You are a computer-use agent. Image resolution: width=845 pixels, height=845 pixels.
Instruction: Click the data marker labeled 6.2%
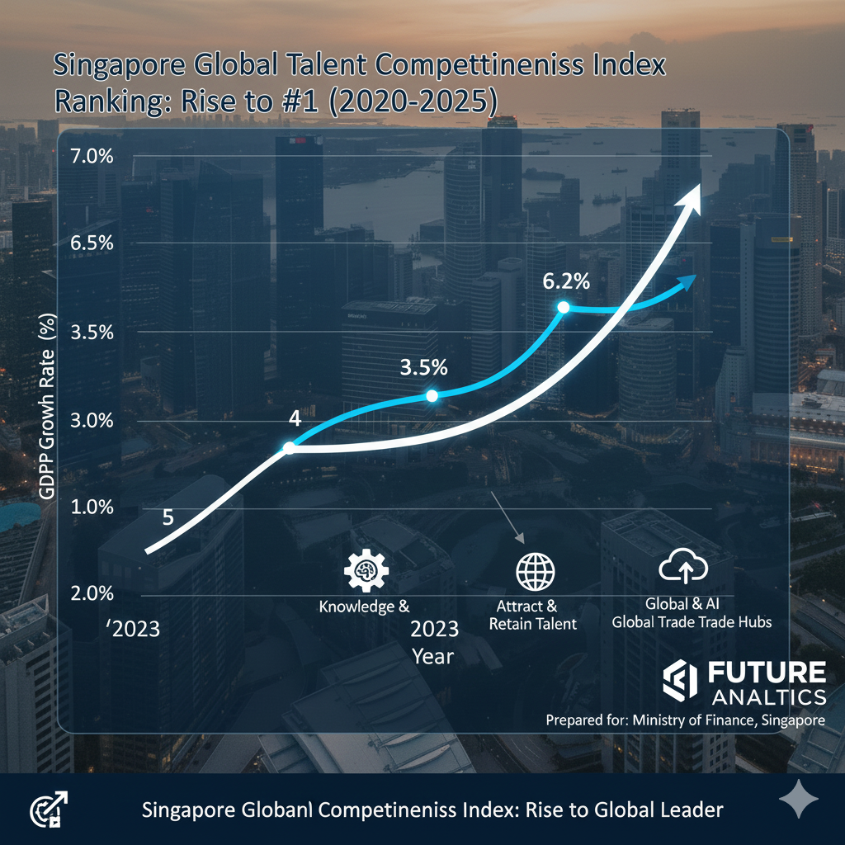pos(564,307)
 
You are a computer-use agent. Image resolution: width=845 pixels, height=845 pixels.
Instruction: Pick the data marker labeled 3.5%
pos(432,396)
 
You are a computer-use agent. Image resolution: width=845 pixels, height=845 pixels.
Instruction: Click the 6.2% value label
pos(566,281)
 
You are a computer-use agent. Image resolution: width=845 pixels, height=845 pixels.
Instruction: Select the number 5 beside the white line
pos(168,518)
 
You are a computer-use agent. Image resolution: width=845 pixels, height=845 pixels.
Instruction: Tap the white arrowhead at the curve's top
pos(690,198)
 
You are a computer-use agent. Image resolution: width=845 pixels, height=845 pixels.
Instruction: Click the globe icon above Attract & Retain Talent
pos(536,571)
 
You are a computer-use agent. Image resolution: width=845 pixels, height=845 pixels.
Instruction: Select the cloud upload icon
pos(684,568)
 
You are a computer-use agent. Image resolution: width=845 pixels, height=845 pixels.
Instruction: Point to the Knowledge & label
pos(364,607)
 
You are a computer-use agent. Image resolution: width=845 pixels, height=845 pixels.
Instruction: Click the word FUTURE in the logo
pos(767,673)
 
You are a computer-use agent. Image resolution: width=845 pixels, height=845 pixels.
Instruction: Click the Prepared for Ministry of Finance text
pos(685,720)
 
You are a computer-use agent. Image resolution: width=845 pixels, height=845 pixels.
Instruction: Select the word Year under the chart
pos(433,657)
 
